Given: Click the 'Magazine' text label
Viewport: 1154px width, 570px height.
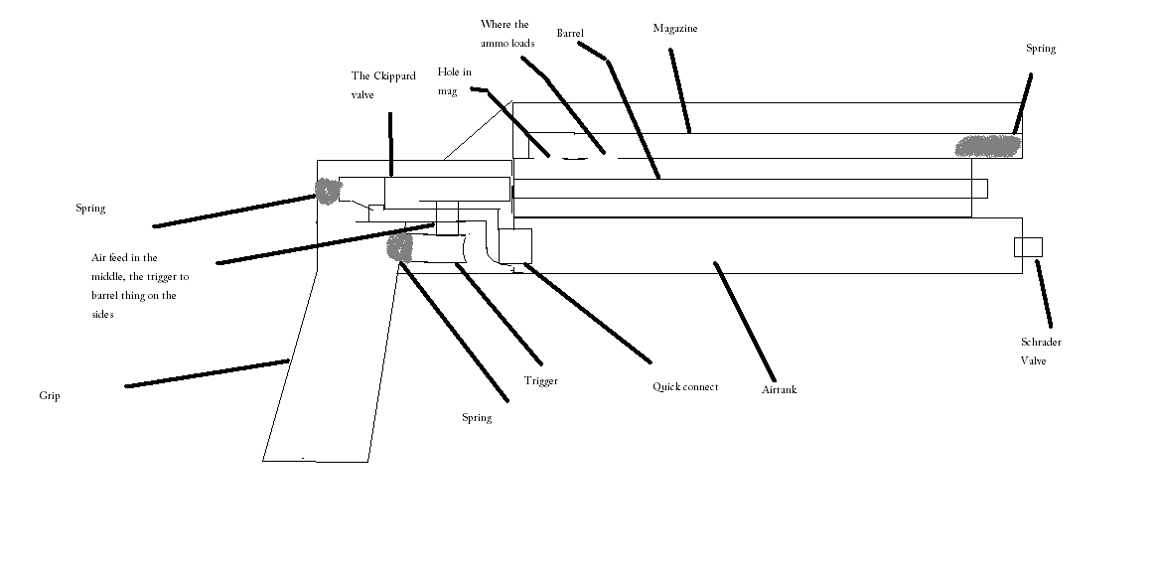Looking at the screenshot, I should pyautogui.click(x=674, y=29).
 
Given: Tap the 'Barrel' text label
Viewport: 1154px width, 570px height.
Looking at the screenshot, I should pyautogui.click(x=569, y=34).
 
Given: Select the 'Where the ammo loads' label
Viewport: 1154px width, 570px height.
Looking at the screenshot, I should pyautogui.click(x=507, y=33).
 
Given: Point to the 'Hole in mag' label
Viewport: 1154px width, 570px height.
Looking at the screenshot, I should pyautogui.click(x=454, y=81).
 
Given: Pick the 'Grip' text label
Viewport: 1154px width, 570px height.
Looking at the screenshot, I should pyautogui.click(x=50, y=395).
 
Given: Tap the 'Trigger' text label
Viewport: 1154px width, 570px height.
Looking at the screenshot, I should pyautogui.click(x=540, y=381).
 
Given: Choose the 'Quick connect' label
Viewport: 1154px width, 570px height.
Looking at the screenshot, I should pyautogui.click(x=684, y=386).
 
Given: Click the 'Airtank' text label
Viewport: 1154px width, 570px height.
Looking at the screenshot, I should pyautogui.click(x=779, y=389).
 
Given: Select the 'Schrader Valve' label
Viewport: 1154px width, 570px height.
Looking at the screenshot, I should pyautogui.click(x=1041, y=352).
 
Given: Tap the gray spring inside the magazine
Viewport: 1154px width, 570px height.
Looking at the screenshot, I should pyautogui.click(x=987, y=146).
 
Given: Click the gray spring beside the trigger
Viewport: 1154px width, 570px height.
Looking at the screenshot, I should pyautogui.click(x=399, y=247).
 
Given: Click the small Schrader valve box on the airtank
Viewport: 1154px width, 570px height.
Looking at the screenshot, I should pyautogui.click(x=1027, y=247).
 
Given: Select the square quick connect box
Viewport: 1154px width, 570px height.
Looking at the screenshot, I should pyautogui.click(x=515, y=244).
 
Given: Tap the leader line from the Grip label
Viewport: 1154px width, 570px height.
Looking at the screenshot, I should pyautogui.click(x=208, y=373).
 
